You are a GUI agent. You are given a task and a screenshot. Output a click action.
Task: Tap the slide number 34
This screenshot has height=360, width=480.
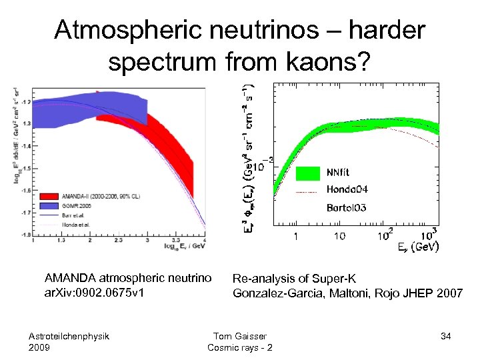click(x=446, y=336)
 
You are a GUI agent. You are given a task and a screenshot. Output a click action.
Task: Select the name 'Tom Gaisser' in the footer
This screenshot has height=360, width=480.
click(x=239, y=336)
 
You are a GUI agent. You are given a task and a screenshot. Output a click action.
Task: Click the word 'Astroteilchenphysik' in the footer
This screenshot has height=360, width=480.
click(x=69, y=336)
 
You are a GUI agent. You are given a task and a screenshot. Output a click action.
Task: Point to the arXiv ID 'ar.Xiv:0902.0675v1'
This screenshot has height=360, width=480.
click(x=95, y=293)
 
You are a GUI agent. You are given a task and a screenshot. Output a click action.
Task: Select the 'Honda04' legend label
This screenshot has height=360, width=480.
click(x=347, y=190)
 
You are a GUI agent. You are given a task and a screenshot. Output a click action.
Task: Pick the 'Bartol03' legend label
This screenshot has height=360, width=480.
click(x=346, y=208)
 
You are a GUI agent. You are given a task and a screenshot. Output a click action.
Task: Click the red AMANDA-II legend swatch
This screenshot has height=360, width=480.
click(x=49, y=197)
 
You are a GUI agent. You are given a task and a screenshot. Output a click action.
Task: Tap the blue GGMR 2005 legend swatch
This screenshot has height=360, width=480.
click(x=49, y=207)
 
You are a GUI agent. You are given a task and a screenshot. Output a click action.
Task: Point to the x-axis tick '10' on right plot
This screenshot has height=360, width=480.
click(x=339, y=236)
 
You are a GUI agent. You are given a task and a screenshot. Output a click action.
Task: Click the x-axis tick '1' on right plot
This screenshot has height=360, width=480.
click(x=296, y=236)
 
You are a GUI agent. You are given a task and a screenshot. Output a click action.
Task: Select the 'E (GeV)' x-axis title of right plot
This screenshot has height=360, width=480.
click(x=417, y=247)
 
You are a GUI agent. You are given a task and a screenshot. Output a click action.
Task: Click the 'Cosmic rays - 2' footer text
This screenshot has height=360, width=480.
click(x=239, y=348)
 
